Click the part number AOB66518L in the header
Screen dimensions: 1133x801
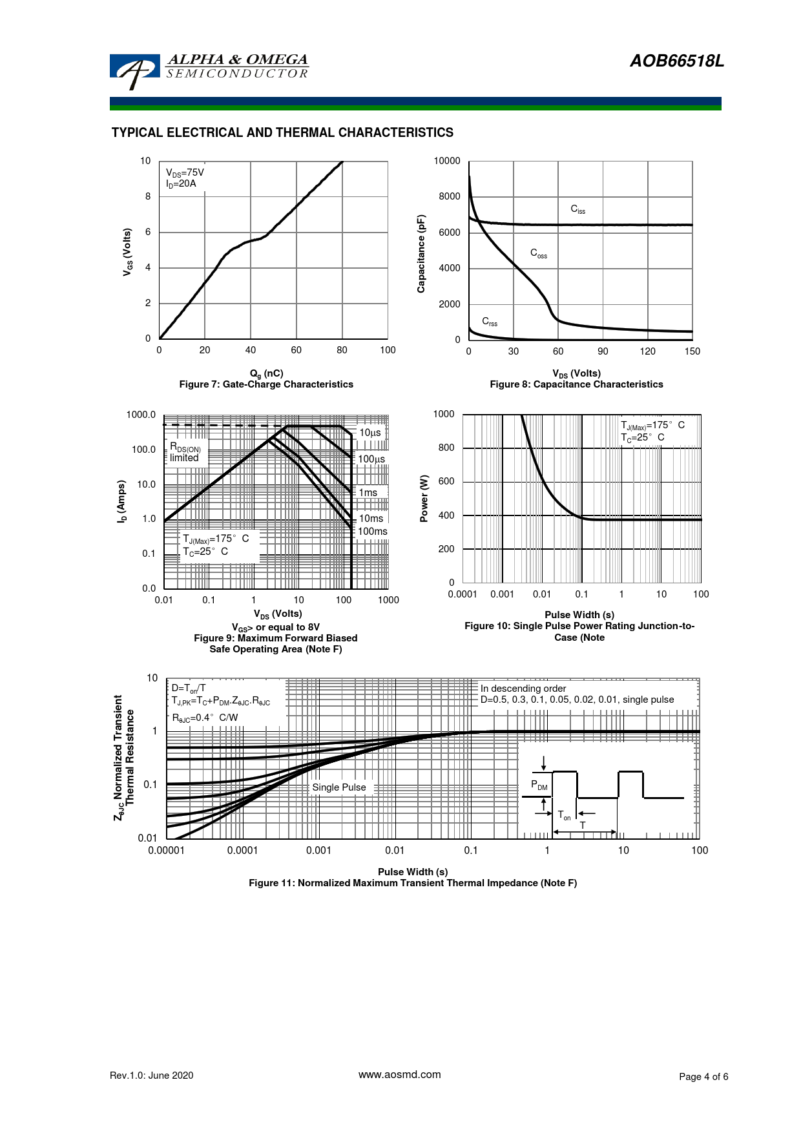pyautogui.click(x=676, y=61)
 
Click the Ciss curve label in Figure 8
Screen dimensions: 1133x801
pyautogui.click(x=577, y=209)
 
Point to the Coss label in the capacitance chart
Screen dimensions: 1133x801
pyautogui.click(x=538, y=253)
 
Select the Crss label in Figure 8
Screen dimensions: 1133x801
pyautogui.click(x=490, y=321)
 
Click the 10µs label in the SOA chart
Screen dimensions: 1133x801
pyautogui.click(x=370, y=433)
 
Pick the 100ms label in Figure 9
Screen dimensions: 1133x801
pyautogui.click(x=373, y=532)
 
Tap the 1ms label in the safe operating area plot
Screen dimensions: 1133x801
pyautogui.click(x=368, y=493)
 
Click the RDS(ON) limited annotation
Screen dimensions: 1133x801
pyautogui.click(x=185, y=452)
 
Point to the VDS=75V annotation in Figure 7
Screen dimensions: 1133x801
pyautogui.click(x=185, y=173)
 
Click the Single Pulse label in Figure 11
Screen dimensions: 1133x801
pyautogui.click(x=339, y=787)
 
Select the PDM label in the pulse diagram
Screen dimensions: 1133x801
pyautogui.click(x=539, y=785)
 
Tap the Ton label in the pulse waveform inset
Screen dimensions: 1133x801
pyautogui.click(x=564, y=816)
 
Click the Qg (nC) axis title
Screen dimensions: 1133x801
pyautogui.click(x=266, y=373)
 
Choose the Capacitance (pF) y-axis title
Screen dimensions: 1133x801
pyautogui.click(x=421, y=254)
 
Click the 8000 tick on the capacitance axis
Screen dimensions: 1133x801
pyautogui.click(x=450, y=196)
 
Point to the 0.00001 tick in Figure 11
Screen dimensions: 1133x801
pyautogui.click(x=166, y=851)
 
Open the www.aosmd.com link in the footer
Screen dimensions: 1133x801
pyautogui.click(x=399, y=1075)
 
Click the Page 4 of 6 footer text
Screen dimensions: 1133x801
pyautogui.click(x=703, y=1076)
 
